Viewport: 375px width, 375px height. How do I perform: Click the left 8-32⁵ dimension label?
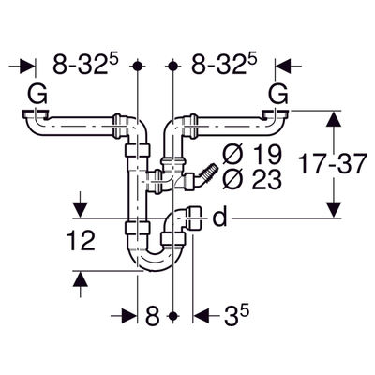click(86, 64)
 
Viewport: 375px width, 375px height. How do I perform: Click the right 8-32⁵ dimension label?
click(224, 64)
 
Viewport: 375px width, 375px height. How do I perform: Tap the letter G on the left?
click(37, 95)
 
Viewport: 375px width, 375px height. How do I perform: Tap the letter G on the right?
click(278, 95)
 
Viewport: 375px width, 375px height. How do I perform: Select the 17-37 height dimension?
click(332, 163)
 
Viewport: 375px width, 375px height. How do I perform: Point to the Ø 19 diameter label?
click(252, 155)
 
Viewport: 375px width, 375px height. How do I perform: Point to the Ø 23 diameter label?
click(252, 180)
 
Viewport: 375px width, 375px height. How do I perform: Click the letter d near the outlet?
click(219, 217)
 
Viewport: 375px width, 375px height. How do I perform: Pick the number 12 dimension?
click(81, 241)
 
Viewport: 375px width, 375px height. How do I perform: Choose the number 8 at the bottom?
click(153, 316)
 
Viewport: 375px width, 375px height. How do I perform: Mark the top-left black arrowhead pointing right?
click(27, 66)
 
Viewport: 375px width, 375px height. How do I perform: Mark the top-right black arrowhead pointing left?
click(283, 66)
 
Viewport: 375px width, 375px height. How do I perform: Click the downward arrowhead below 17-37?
click(334, 210)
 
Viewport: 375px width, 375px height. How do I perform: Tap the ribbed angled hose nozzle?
click(207, 173)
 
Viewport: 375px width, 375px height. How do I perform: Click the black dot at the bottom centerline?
click(172, 316)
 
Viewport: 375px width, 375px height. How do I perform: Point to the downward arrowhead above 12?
click(81, 210)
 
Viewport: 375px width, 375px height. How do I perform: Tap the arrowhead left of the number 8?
click(129, 316)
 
